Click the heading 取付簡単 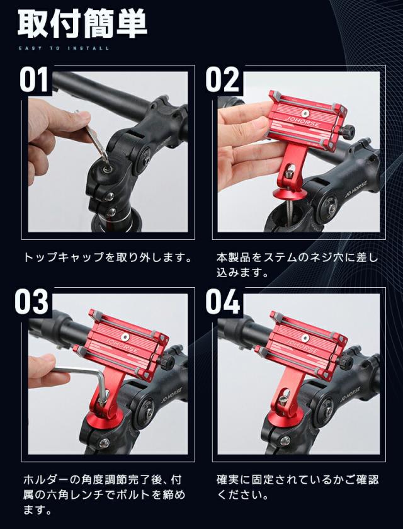[82, 25]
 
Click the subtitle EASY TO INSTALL [63, 48]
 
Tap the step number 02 [223, 80]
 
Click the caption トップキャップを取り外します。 [106, 258]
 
